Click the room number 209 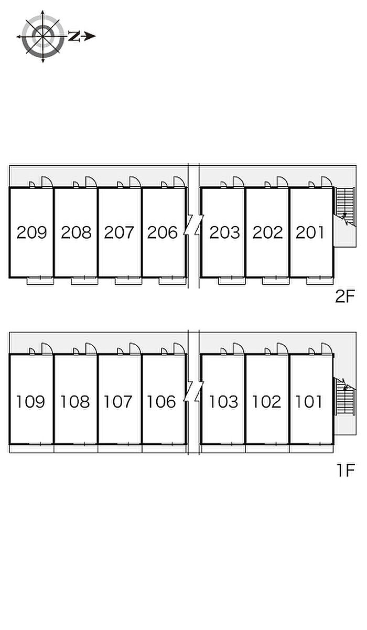(31, 232)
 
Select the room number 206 (162, 232)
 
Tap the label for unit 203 (224, 232)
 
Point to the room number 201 (310, 232)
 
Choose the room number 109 (30, 402)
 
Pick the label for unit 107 (118, 402)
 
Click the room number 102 (266, 402)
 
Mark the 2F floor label (345, 296)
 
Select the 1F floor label (346, 470)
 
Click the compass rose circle (42, 36)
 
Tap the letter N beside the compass (74, 36)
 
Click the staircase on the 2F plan (346, 207)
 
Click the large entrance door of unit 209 (47, 181)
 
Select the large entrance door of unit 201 (327, 181)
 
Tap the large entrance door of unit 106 (179, 348)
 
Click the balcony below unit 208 (84, 281)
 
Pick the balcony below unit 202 (276, 281)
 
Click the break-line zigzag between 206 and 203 (193, 225)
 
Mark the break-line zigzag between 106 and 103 (193, 391)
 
